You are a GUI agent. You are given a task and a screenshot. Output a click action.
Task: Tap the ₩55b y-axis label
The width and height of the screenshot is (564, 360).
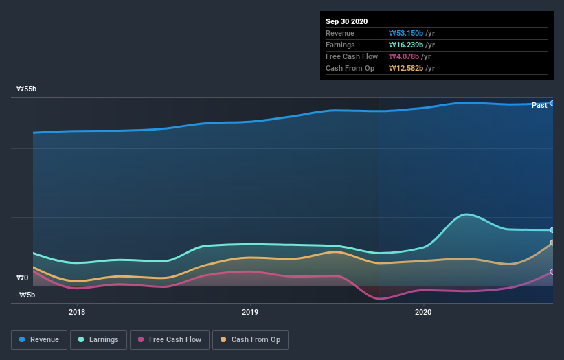(27, 89)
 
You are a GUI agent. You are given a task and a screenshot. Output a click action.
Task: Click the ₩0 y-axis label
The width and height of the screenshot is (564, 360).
(22, 278)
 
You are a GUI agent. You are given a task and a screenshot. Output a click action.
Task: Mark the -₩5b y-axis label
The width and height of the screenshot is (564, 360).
(26, 295)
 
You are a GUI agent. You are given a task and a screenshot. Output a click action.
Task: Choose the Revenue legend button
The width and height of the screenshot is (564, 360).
(40, 339)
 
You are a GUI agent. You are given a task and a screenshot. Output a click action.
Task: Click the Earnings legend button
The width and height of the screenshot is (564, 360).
(99, 339)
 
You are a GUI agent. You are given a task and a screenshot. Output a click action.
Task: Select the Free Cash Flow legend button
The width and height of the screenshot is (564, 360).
(170, 339)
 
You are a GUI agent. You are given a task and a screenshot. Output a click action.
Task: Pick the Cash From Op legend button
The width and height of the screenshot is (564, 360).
(251, 339)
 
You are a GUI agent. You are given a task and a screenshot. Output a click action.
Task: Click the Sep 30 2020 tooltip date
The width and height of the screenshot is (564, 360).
(347, 21)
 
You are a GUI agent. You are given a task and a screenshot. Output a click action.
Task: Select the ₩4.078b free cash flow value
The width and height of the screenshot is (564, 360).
(404, 56)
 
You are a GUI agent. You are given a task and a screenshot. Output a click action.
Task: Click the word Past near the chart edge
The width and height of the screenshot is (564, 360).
(539, 105)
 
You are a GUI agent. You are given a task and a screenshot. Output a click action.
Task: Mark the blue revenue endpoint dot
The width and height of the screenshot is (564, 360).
(552, 103)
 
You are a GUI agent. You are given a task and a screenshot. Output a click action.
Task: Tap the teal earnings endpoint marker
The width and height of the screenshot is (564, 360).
(552, 230)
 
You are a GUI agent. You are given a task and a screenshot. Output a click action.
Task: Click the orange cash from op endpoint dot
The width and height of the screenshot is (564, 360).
(552, 243)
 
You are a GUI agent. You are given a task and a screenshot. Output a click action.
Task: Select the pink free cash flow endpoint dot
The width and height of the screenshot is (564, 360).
(552, 272)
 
